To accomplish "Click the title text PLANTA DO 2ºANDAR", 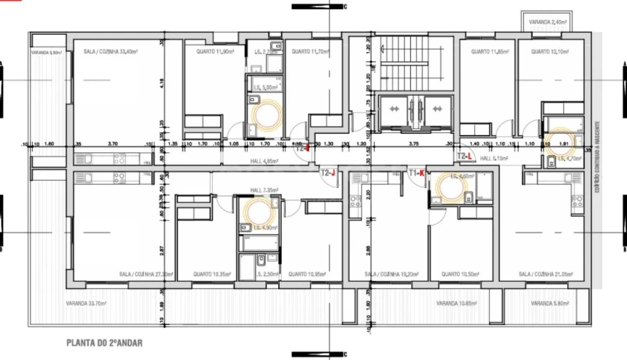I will [104, 342].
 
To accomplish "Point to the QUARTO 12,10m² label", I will [549, 52].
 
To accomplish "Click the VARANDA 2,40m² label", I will [548, 22].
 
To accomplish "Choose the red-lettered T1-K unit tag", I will [416, 173].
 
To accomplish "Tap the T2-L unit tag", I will [465, 156].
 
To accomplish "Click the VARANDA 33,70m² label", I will [86, 303].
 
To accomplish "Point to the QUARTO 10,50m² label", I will [459, 274].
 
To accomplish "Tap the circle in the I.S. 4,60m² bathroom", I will [452, 189].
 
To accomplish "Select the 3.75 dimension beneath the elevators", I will [413, 144].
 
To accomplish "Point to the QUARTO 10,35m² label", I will [211, 274].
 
